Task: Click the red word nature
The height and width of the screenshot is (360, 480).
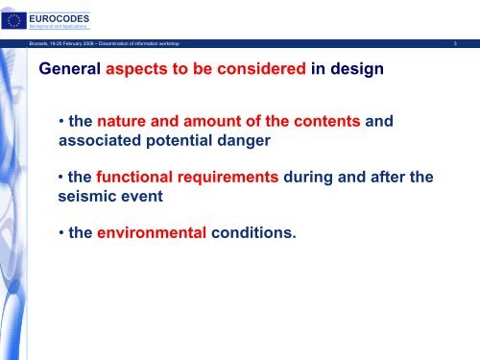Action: pyautogui.click(x=123, y=122)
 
